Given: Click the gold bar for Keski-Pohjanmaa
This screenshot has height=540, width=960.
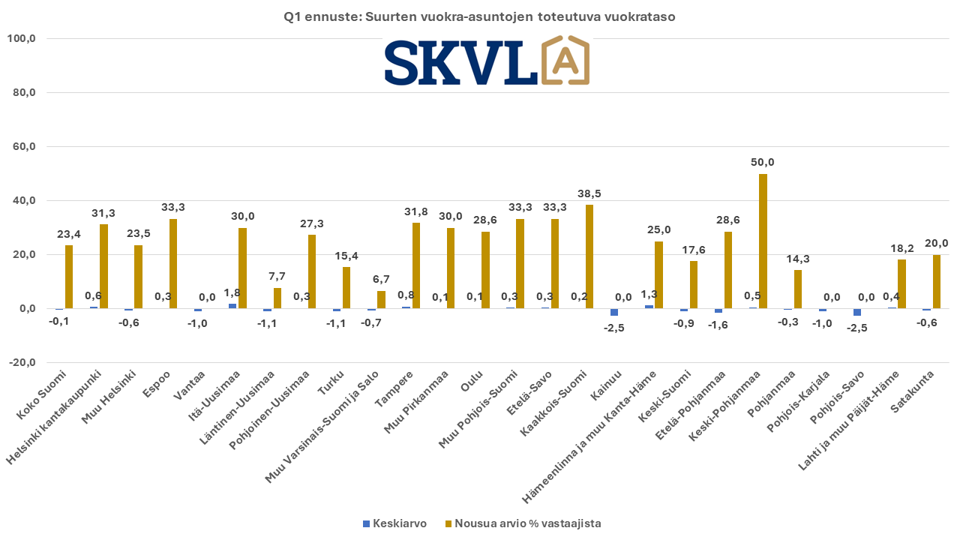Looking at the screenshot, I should (763, 241).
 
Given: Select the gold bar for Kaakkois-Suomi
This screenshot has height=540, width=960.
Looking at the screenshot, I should (589, 256).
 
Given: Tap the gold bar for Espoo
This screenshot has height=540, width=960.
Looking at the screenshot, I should (173, 263).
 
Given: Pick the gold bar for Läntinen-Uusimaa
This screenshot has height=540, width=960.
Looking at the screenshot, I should (277, 298).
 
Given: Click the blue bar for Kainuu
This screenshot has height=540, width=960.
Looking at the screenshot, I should (614, 312).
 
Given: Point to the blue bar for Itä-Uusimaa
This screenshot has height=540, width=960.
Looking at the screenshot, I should (232, 306).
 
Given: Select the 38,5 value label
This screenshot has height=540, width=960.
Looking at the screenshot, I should (589, 193).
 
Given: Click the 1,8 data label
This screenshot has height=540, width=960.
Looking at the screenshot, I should (232, 292).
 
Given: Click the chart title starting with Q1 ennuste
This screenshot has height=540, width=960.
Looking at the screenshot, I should (480, 16).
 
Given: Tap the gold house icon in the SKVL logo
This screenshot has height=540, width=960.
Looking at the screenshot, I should (565, 60).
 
